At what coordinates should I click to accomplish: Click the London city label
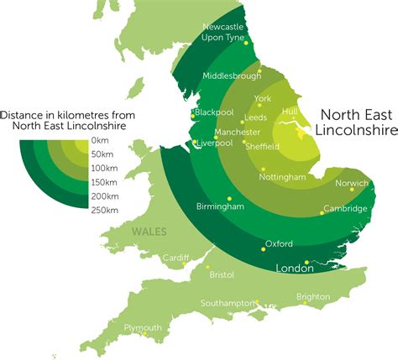pyautogui.click(x=294, y=269)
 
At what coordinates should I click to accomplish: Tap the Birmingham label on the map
pyautogui.click(x=220, y=206)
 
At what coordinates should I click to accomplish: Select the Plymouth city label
pyautogui.click(x=142, y=327)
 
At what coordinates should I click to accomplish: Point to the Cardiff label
pyautogui.click(x=175, y=257)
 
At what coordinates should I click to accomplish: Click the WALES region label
pyautogui.click(x=148, y=232)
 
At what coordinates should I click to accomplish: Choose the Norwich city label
pyautogui.click(x=352, y=183)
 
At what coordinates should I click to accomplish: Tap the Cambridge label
pyautogui.click(x=346, y=208)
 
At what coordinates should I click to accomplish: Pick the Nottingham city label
pyautogui.click(x=282, y=178)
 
